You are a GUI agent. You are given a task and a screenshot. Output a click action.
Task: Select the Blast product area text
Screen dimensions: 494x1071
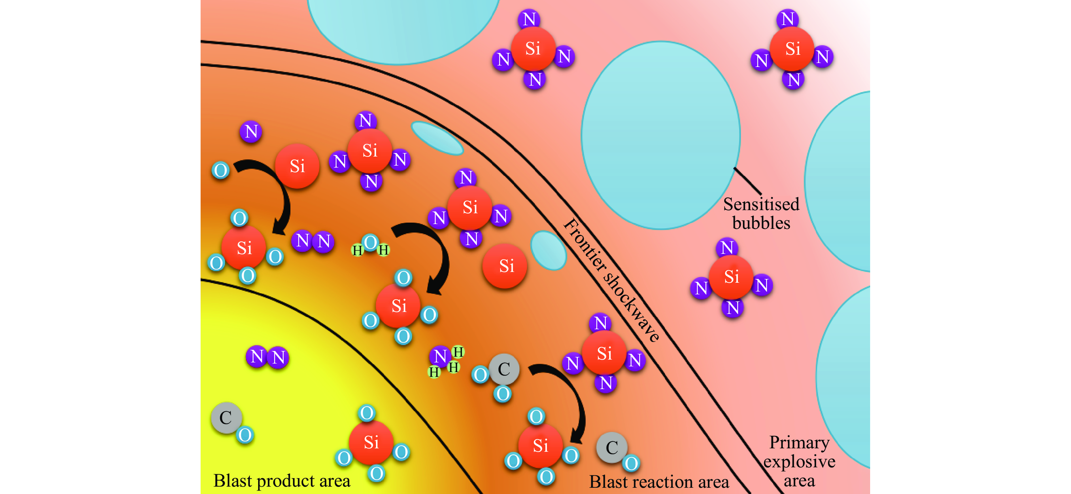[x=281, y=481]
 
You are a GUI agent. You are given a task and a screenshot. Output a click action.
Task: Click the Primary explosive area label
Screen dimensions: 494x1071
[x=799, y=461]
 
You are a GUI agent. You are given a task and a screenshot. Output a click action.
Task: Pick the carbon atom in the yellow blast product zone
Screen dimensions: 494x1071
[x=226, y=417]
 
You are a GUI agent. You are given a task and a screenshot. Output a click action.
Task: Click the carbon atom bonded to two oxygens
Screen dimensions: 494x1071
[x=504, y=369]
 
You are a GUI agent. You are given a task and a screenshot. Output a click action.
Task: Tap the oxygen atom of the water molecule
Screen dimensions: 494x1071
[x=370, y=242]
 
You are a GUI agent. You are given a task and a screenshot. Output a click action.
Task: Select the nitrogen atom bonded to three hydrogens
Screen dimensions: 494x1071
[x=440, y=356]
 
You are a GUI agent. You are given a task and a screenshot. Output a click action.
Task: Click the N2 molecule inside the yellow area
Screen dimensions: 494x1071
[x=267, y=357]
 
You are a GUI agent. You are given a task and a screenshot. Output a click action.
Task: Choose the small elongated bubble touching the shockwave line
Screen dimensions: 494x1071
[x=437, y=138]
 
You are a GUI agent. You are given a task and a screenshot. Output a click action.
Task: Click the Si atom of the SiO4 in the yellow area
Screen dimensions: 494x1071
[x=371, y=442]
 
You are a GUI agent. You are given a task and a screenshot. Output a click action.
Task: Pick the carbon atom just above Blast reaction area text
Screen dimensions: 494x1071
[x=612, y=448]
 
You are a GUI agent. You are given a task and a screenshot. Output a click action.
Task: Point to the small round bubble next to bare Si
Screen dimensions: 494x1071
[x=548, y=250]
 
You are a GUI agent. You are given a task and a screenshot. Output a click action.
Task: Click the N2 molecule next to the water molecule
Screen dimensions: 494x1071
[x=313, y=241]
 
